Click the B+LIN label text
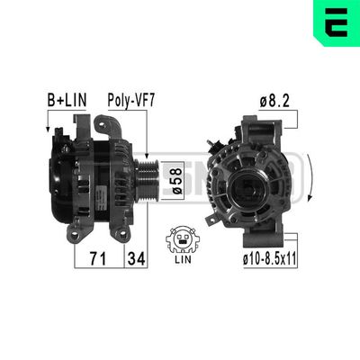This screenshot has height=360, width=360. [x=67, y=100]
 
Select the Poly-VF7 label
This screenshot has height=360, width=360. [x=131, y=101]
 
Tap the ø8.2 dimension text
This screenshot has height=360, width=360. [x=274, y=102]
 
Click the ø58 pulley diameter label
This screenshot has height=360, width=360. [x=177, y=181]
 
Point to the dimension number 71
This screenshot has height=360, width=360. [x=98, y=258]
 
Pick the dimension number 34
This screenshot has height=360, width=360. [x=136, y=258]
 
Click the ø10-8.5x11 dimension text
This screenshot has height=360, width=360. [x=270, y=258]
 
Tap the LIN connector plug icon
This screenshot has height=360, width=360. [x=183, y=239]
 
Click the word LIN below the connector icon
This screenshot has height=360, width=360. [x=183, y=259]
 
